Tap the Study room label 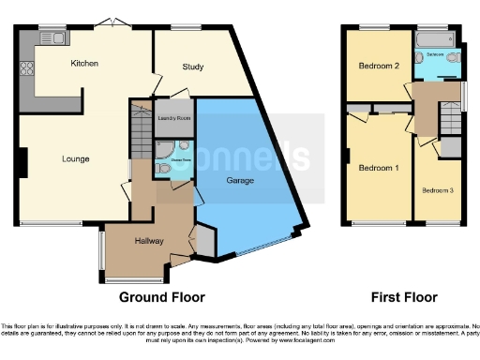193,67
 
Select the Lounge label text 76,159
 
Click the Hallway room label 149,241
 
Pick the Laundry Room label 174,118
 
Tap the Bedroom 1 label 378,169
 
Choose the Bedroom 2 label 378,67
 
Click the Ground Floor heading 161,298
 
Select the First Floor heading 403,298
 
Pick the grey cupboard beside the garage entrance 203,241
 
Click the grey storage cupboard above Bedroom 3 451,147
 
